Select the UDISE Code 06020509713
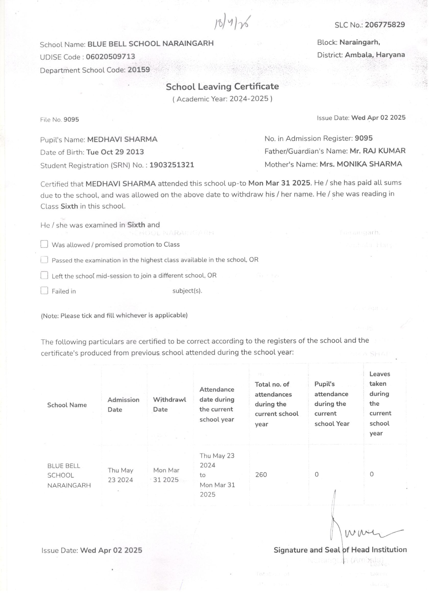click(x=111, y=57)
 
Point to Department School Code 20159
click(x=139, y=70)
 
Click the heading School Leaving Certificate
click(x=222, y=87)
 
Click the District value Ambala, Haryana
click(x=375, y=55)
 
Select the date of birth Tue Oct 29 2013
click(x=115, y=152)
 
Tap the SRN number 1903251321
click(x=172, y=165)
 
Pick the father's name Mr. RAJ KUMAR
click(x=377, y=151)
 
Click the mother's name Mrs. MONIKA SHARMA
click(x=360, y=164)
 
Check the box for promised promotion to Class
click(x=44, y=244)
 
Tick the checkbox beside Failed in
click(x=44, y=291)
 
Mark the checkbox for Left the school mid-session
click(x=44, y=275)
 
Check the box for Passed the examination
click(x=44, y=260)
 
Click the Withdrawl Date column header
click(x=170, y=404)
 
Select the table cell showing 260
click(x=261, y=475)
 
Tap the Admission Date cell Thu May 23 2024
click(x=120, y=475)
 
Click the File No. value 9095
click(x=71, y=120)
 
